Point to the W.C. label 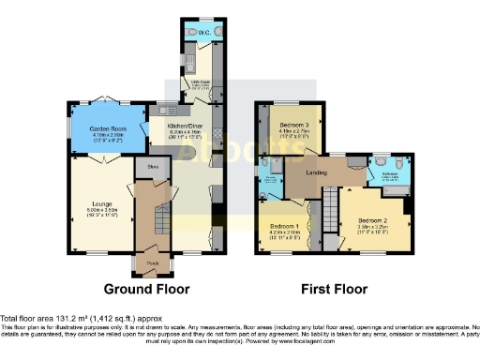pyautogui.click(x=203, y=32)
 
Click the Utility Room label pyautogui.click(x=200, y=83)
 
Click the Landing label pyautogui.click(x=326, y=171)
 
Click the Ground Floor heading pyautogui.click(x=143, y=290)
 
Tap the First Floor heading pyautogui.click(x=334, y=290)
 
